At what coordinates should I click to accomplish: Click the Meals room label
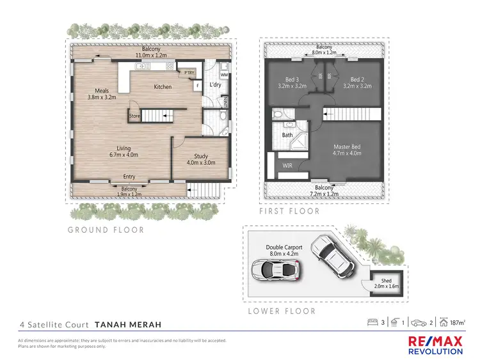pos(100,94)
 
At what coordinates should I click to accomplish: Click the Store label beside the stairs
pos(134,116)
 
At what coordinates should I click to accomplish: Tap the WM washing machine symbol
pos(224,75)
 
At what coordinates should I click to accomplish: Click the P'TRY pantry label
pos(189,73)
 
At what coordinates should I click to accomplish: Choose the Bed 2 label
pos(356,82)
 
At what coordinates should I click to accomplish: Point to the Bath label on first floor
pos(288,135)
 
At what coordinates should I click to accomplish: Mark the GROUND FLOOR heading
pos(107,230)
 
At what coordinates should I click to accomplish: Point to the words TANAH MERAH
pos(127,325)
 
